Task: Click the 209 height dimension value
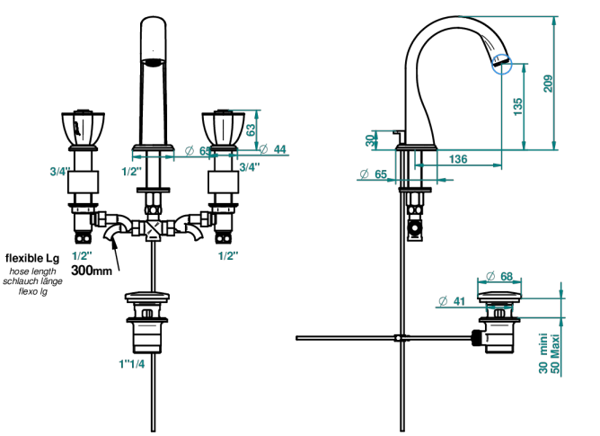(x=548, y=83)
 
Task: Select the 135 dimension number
(x=517, y=107)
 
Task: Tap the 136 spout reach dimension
(x=458, y=158)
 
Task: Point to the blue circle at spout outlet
(x=502, y=63)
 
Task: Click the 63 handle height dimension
(x=251, y=129)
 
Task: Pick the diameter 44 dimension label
(x=273, y=149)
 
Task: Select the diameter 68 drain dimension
(x=499, y=276)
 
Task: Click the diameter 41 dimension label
(x=452, y=301)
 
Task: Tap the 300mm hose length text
(x=92, y=270)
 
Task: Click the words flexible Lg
(x=32, y=258)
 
